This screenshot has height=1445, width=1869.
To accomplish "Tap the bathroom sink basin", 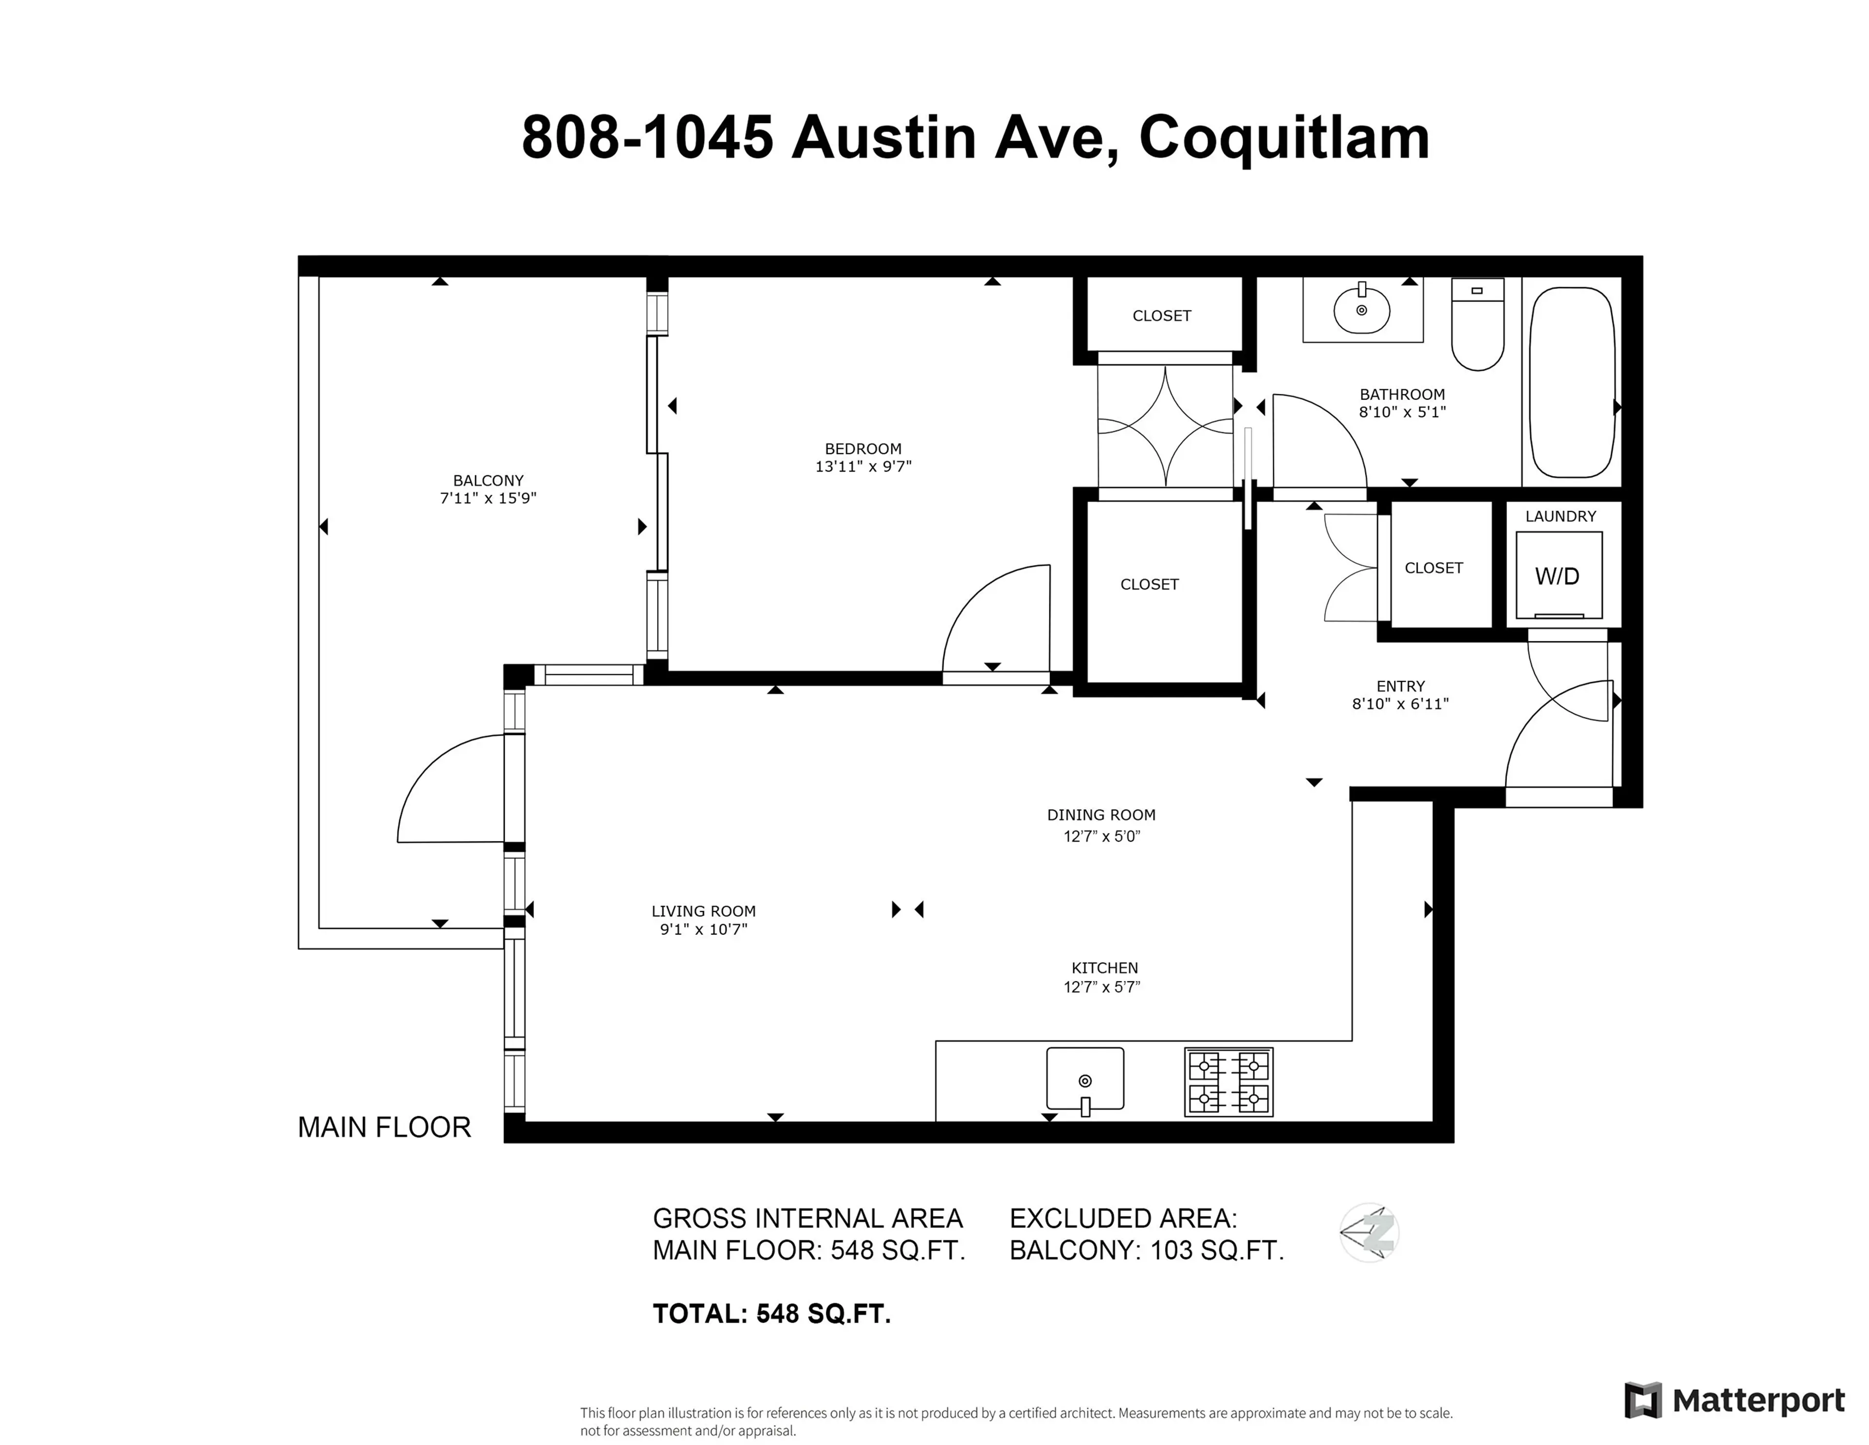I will point(1361,310).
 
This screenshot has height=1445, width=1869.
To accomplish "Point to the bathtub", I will point(1572,383).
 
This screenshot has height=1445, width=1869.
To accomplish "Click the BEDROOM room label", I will point(862,448).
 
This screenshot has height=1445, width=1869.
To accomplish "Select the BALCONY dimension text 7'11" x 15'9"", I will point(488,498).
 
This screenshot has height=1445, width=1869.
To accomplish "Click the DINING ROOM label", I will point(1101,815).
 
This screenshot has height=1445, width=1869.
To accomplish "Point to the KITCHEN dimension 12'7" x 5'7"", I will point(1102,987).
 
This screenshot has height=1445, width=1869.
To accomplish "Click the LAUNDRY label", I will point(1560,516).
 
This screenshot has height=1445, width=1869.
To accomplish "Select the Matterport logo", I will point(1735,1400).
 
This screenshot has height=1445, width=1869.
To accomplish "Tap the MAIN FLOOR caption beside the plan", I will point(384,1128).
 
